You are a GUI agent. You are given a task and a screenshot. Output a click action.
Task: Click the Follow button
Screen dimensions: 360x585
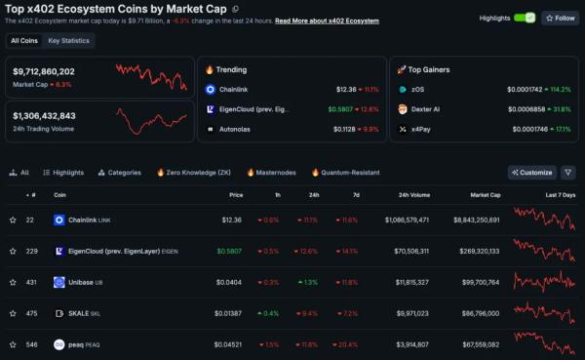[561, 18]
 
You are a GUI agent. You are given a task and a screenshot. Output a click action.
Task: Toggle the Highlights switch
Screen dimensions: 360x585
[525, 18]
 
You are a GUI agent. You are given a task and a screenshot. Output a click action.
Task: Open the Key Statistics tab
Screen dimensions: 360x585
[68, 41]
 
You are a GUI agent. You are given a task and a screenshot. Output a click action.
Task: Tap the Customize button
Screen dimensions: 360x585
[532, 173]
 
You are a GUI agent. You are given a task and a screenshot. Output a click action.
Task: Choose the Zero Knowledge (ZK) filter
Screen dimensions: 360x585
[197, 173]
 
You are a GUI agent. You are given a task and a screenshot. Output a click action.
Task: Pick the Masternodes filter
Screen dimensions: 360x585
[272, 173]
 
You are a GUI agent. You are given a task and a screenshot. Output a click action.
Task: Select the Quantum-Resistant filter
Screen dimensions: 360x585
[345, 173]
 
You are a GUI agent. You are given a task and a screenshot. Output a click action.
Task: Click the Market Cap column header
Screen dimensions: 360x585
[485, 194]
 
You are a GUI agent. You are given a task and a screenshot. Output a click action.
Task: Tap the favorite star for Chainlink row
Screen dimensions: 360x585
[14, 220]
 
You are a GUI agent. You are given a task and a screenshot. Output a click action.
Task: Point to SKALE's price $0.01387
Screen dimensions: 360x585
[229, 313]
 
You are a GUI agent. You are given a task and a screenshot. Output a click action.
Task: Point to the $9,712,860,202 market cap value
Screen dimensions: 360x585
[44, 71]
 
